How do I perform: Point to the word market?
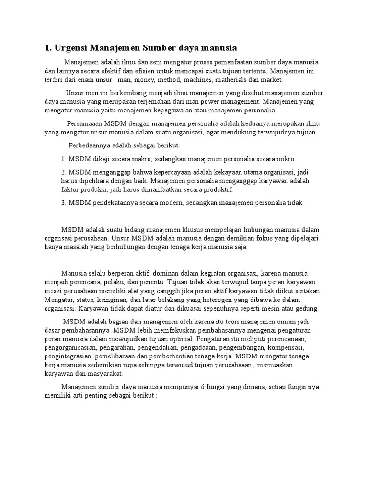[x=273, y=80]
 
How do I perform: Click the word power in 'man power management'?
[x=218, y=102]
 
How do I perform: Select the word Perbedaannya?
[x=89, y=145]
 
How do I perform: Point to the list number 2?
[x=63, y=172]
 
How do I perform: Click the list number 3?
[x=63, y=203]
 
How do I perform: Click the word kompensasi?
[x=286, y=347]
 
